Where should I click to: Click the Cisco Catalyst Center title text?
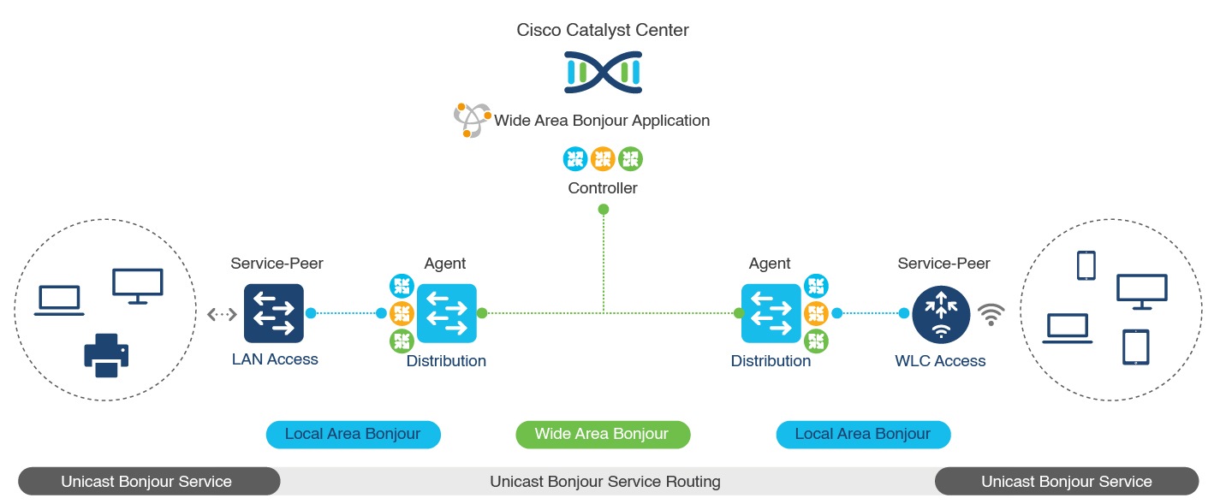coord(603,31)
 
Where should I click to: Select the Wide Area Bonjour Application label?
coord(602,121)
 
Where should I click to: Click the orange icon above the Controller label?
coord(603,158)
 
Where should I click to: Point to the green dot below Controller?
coord(604,210)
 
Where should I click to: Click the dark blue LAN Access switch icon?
coord(274,313)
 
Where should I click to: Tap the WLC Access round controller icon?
coord(941,314)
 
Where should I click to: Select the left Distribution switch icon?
coord(446,313)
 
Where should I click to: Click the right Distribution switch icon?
coord(771,313)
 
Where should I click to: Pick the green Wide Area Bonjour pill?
coord(602,435)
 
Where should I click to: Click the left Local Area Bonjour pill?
coord(353,435)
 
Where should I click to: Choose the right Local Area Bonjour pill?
coord(863,435)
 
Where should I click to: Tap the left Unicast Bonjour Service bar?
coord(147,482)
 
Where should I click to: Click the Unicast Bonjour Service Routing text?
coord(604,482)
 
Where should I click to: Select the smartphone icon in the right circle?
coord(1086,265)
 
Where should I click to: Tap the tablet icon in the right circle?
coord(1136,347)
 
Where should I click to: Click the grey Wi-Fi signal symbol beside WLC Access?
coord(991,315)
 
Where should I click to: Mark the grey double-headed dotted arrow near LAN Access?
coord(222,314)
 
